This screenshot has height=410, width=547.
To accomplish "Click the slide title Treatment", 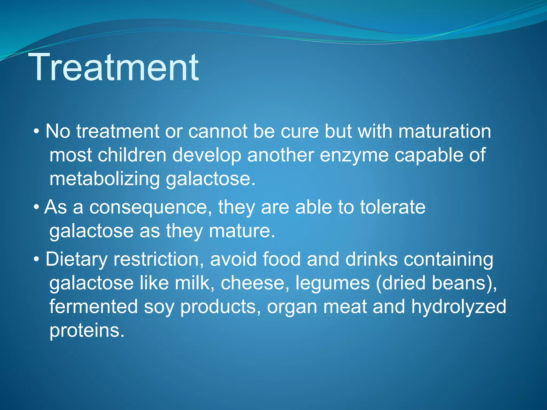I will [115, 67].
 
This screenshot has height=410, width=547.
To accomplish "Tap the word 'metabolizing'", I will [104, 179].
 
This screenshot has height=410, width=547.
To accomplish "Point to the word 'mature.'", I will [242, 231].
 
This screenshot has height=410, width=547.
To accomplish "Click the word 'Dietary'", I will [76, 260].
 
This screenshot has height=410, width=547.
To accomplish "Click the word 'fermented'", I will [93, 306].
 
